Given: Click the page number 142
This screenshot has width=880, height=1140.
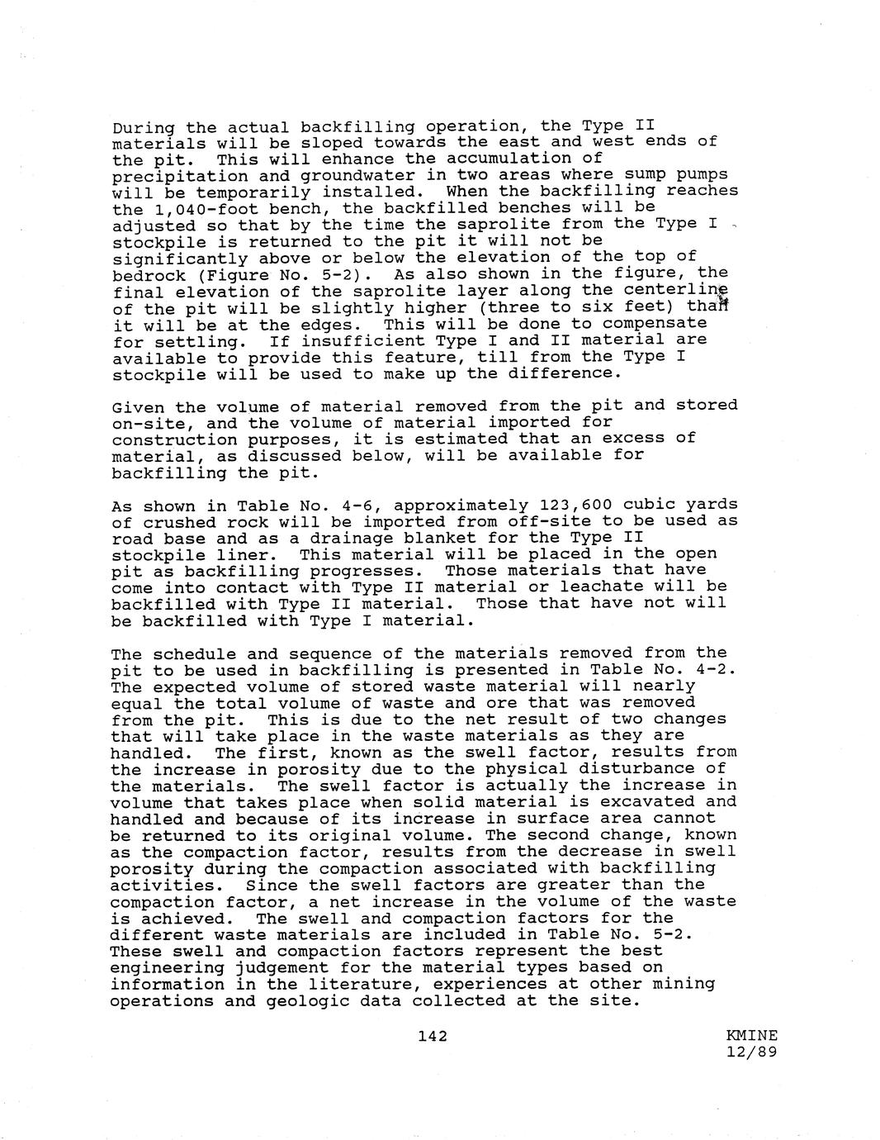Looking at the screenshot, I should click(x=433, y=1035).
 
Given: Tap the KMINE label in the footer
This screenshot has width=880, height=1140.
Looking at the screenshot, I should click(x=752, y=1035).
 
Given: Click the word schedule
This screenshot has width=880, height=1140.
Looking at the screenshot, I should click(x=189, y=653).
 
